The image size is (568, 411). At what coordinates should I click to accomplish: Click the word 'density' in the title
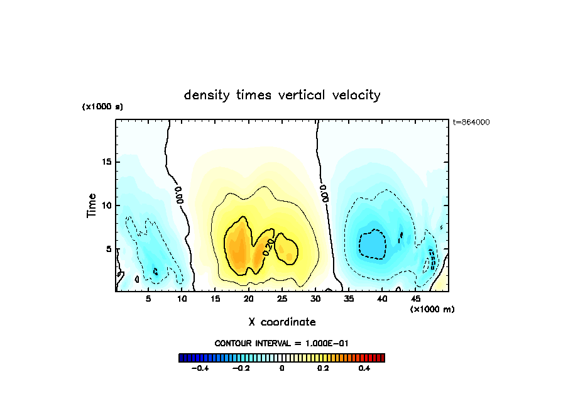tap(206, 96)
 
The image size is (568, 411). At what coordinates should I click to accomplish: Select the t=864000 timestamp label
tap(471, 123)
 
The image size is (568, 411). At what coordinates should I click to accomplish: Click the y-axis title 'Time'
tap(92, 205)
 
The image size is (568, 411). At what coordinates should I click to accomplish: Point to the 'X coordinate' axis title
tap(282, 322)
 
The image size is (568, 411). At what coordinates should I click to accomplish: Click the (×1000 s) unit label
tap(102, 107)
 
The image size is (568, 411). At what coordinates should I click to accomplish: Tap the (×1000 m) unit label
tap(432, 309)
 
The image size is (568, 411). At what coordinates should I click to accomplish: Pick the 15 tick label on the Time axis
tap(106, 162)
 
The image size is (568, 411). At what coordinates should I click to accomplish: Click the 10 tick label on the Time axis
tap(106, 205)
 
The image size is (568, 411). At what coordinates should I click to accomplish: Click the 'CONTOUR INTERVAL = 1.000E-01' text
tap(281, 343)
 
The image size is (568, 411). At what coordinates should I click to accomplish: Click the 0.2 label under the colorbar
tap(323, 369)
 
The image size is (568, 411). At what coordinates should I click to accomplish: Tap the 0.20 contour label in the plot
tap(270, 245)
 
